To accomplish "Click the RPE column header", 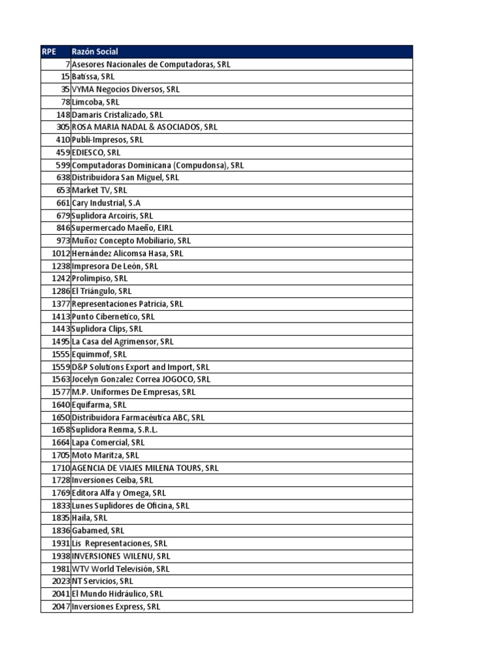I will click(x=49, y=51).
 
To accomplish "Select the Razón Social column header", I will click(x=95, y=51).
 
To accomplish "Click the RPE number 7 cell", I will click(x=67, y=64).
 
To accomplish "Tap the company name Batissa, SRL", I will click(x=92, y=77).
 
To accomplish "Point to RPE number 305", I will click(x=63, y=127).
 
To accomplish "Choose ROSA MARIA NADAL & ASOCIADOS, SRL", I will click(x=144, y=127).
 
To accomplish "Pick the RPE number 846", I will click(x=63, y=228).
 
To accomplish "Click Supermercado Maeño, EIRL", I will click(x=122, y=228).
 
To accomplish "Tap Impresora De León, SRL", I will click(x=115, y=266).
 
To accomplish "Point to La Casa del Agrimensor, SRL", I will click(x=122, y=341).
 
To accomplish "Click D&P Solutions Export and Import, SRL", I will click(x=140, y=367).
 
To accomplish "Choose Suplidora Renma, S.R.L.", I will click(x=115, y=430).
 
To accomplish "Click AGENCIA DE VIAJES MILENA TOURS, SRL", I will click(x=145, y=468).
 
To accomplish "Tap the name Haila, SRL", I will click(x=89, y=518).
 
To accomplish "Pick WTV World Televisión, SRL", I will click(x=120, y=568).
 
